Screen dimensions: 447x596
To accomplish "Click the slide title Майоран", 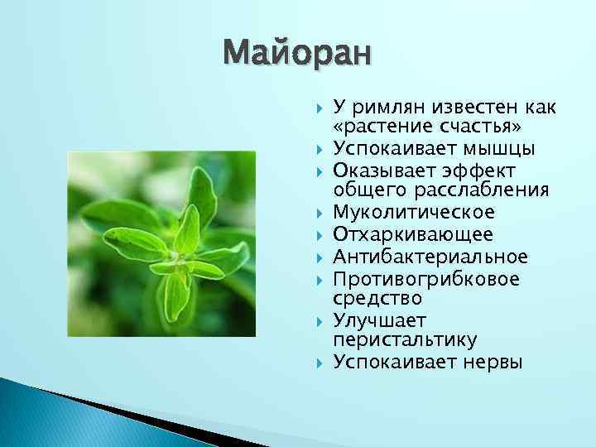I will [298, 54].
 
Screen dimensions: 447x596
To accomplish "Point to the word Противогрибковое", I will [426, 277].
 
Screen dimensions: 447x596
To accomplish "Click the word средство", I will [377, 297].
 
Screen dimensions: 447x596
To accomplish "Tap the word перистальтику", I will [405, 340].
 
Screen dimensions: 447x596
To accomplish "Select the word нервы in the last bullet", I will [493, 362].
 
